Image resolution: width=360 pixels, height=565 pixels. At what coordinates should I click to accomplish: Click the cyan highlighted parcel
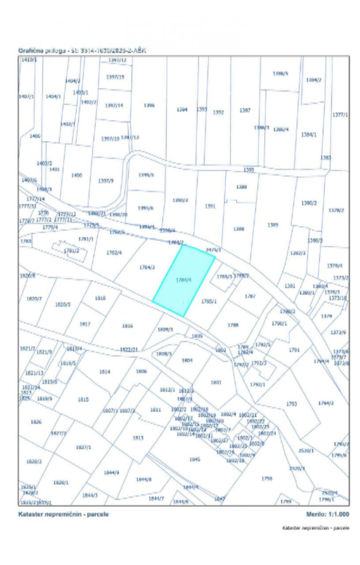click(184, 280)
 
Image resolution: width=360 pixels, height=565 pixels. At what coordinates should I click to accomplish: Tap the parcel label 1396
click(150, 105)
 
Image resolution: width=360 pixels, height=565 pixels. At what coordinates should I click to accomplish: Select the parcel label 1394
click(182, 109)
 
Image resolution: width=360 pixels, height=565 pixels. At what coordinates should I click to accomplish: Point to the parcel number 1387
click(245, 110)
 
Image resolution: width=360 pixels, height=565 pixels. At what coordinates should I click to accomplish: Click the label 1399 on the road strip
click(249, 170)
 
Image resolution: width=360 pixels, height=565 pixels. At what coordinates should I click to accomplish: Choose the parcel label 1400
click(76, 175)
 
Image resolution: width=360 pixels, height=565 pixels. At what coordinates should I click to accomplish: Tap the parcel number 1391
click(210, 206)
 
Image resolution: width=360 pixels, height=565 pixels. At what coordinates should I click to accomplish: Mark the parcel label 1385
click(273, 225)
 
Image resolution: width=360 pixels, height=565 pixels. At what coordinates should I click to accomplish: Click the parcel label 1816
click(127, 326)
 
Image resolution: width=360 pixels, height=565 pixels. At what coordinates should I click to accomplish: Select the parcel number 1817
click(85, 324)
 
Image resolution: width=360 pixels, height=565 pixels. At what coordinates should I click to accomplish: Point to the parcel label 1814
click(104, 372)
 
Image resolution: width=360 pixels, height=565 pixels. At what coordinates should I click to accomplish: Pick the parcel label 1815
click(83, 399)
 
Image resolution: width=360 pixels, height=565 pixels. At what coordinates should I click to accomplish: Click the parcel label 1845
click(195, 459)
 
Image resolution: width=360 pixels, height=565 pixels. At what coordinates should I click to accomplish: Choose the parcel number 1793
click(292, 403)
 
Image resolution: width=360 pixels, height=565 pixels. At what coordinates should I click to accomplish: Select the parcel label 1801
click(216, 382)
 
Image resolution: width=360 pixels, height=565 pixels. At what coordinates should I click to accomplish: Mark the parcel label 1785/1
click(209, 302)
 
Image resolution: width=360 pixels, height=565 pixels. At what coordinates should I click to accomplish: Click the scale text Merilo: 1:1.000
click(328, 514)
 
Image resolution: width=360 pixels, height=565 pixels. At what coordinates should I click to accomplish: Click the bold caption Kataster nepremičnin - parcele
click(63, 514)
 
